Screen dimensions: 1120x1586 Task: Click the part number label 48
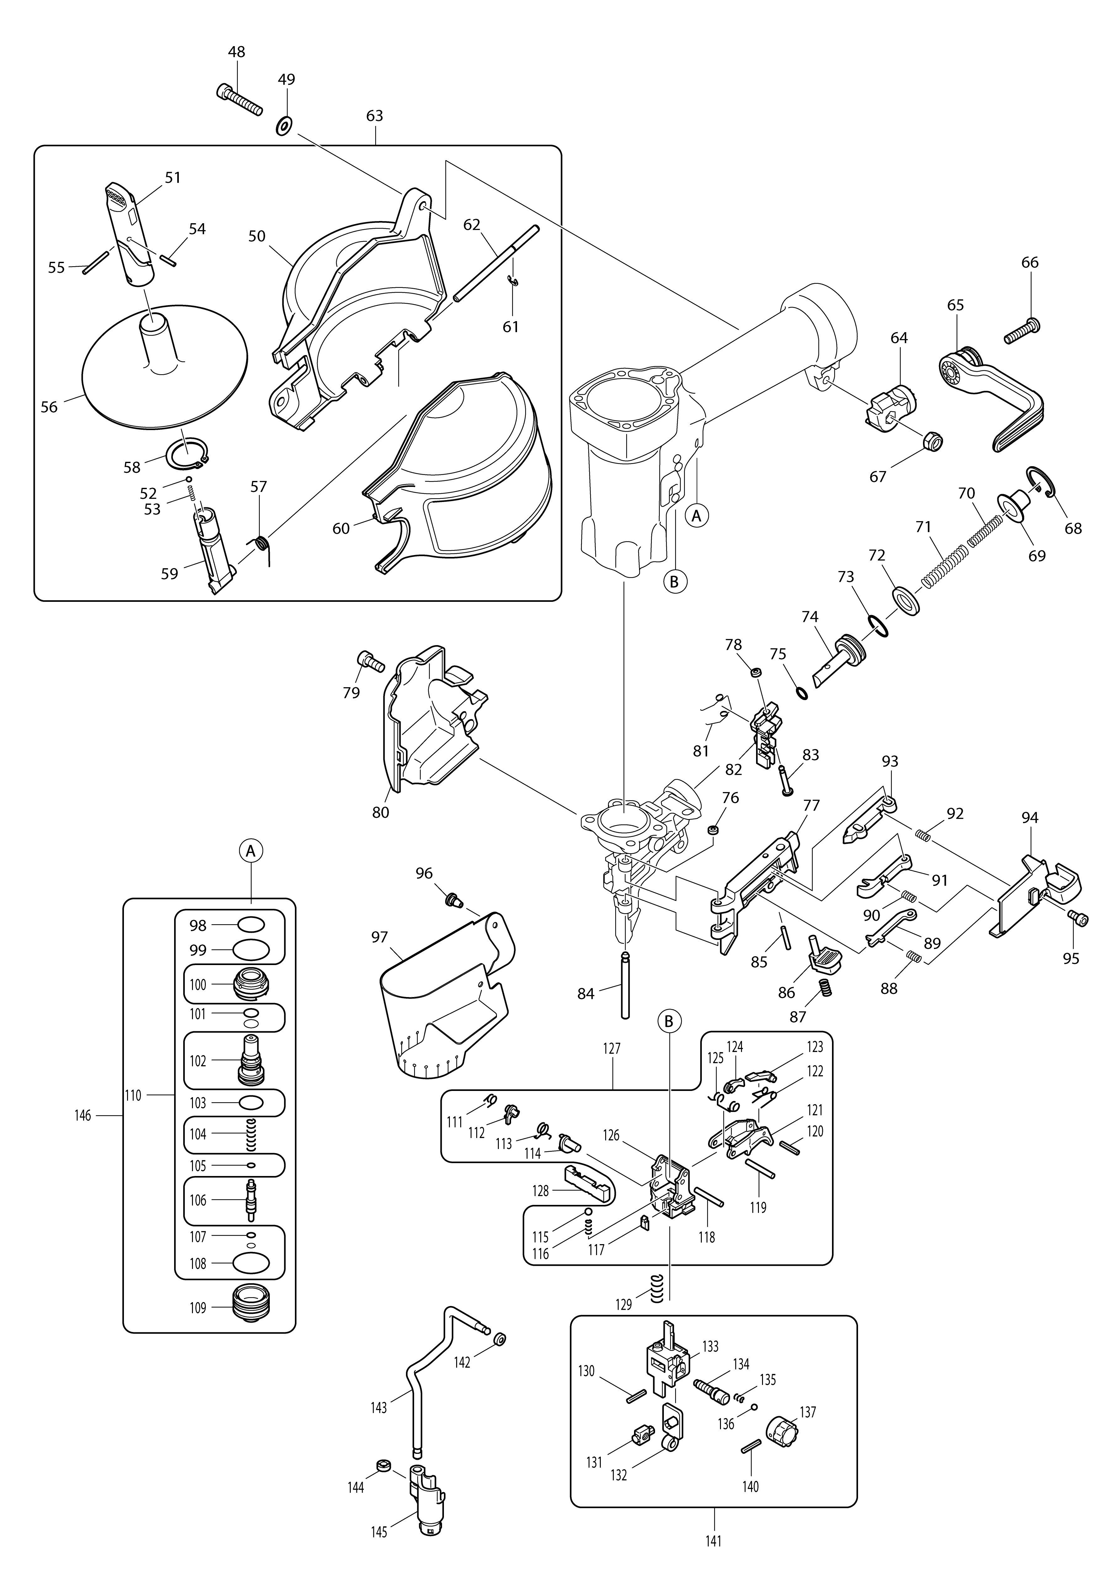(237, 52)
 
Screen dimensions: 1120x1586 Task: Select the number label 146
(83, 1115)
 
